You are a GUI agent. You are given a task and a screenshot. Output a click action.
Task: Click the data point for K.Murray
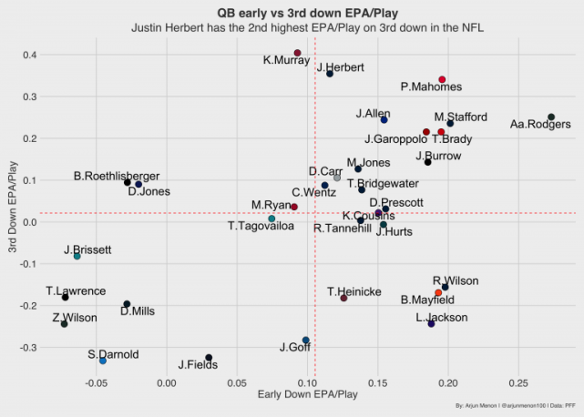click(298, 53)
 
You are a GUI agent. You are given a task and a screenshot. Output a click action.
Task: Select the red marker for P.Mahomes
click(442, 80)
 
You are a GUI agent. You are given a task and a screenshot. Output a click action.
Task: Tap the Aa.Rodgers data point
click(551, 117)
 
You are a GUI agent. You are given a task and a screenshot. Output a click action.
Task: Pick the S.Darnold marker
click(103, 361)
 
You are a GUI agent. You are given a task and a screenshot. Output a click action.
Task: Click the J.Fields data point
click(209, 358)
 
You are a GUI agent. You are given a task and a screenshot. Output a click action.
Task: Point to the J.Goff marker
click(306, 341)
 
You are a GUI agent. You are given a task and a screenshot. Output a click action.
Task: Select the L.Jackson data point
click(431, 324)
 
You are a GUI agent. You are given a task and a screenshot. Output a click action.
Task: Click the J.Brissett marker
click(77, 257)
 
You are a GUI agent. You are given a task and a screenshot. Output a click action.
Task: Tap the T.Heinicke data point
click(343, 299)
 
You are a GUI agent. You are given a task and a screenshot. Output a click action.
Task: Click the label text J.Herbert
click(341, 67)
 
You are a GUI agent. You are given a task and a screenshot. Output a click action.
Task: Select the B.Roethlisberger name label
click(117, 176)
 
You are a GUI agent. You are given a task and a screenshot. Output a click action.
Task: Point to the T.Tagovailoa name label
click(261, 226)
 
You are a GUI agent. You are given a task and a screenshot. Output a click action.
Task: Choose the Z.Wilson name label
click(74, 318)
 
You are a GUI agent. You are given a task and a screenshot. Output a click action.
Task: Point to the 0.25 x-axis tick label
click(517, 382)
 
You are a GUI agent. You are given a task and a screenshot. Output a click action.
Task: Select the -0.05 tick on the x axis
click(96, 382)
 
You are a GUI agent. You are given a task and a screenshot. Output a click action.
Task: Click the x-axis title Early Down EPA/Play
click(308, 394)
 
